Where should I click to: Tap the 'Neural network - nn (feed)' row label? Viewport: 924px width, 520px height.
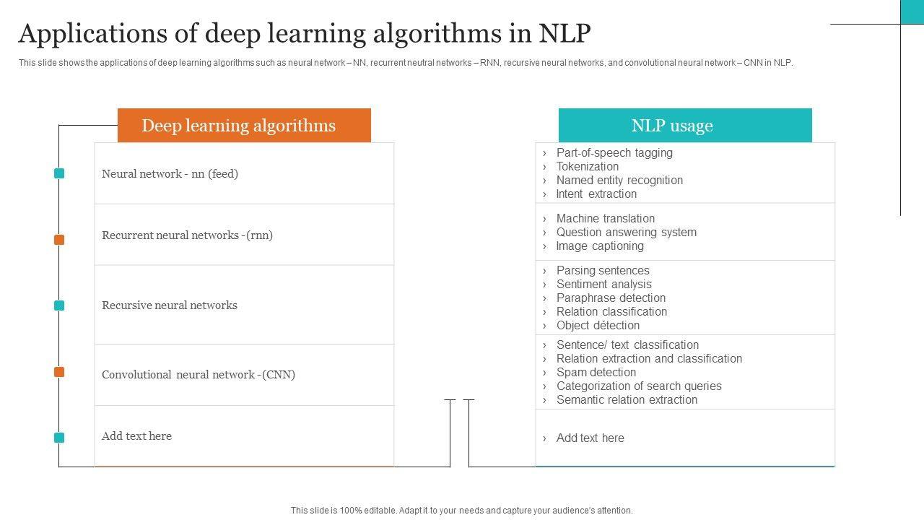tap(170, 173)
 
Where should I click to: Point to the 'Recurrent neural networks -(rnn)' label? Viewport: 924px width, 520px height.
tap(187, 235)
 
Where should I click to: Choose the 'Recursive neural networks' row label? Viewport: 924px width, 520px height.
tap(169, 305)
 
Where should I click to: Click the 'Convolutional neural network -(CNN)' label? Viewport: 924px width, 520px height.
tap(199, 374)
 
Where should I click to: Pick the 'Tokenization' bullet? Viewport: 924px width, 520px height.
tap(587, 166)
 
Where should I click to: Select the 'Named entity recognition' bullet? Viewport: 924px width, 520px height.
tap(619, 180)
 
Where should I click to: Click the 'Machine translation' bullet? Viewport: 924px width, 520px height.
tap(605, 218)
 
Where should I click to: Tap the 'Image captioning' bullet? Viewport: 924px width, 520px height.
tap(599, 246)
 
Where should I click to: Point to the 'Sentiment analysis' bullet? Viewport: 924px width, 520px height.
tap(603, 284)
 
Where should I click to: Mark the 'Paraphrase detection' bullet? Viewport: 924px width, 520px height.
tap(611, 298)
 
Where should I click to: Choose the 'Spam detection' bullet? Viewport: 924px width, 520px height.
tap(596, 372)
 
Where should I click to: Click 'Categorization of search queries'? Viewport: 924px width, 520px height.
tap(638, 386)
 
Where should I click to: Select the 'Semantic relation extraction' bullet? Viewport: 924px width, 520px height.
tap(626, 399)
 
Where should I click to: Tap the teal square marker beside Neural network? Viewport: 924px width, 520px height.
tap(59, 173)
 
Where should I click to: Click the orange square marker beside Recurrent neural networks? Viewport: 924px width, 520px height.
tap(59, 240)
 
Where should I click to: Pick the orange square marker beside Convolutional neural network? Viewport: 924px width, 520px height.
tap(59, 372)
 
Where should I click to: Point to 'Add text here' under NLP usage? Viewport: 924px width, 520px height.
tap(590, 438)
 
